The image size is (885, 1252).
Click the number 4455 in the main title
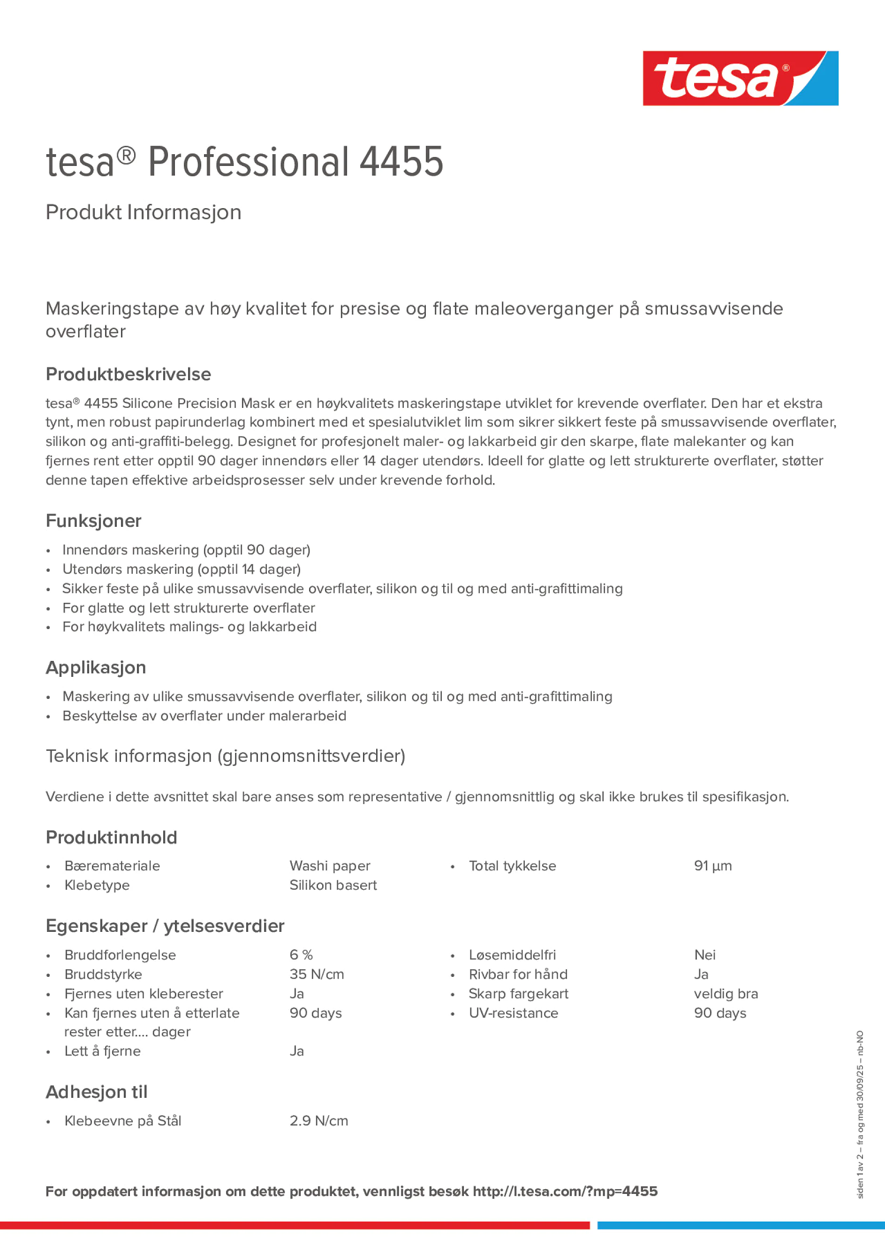pyautogui.click(x=401, y=162)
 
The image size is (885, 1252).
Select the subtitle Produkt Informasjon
pyautogui.click(x=143, y=212)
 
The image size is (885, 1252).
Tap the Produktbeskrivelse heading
pyautogui.click(x=128, y=374)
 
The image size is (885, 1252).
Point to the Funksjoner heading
pyautogui.click(x=93, y=521)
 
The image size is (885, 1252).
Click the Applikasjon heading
pyautogui.click(x=96, y=667)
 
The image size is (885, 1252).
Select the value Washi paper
pyautogui.click(x=330, y=866)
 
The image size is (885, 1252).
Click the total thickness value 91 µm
pyautogui.click(x=712, y=866)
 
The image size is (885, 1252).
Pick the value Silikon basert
pyautogui.click(x=333, y=885)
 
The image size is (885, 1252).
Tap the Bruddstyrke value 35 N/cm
pyautogui.click(x=317, y=975)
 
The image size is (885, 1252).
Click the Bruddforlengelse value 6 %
pyautogui.click(x=301, y=955)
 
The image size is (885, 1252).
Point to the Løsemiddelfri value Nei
pyautogui.click(x=704, y=955)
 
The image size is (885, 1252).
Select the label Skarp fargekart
pyautogui.click(x=518, y=994)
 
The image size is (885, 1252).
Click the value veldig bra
pyautogui.click(x=726, y=994)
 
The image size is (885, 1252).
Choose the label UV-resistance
pyautogui.click(x=513, y=1013)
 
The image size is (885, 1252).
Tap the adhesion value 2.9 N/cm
pyautogui.click(x=318, y=1121)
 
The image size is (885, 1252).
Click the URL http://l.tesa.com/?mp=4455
pyautogui.click(x=565, y=1191)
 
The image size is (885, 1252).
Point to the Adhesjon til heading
pyautogui.click(x=97, y=1092)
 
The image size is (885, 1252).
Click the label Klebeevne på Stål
pyautogui.click(x=123, y=1121)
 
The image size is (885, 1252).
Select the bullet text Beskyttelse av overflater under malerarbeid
pyautogui.click(x=204, y=716)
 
